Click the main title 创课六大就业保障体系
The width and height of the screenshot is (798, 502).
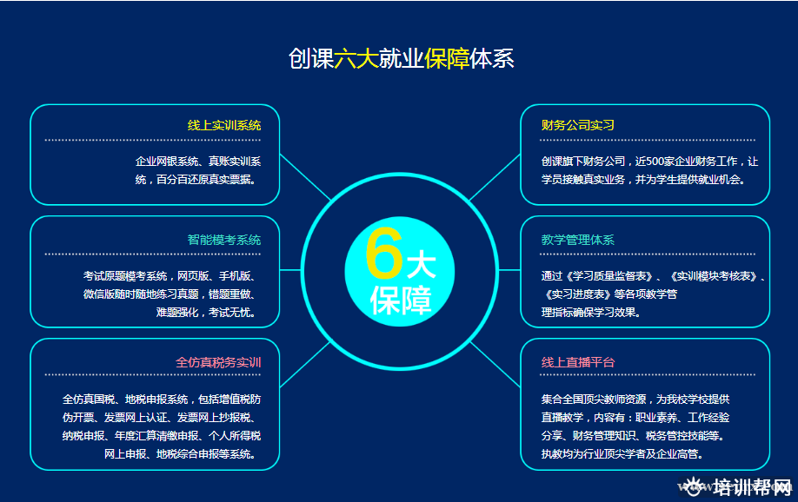(x=401, y=58)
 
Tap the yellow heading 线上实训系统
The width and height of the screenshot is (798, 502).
(x=224, y=125)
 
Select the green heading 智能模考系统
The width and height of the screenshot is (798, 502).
(x=224, y=240)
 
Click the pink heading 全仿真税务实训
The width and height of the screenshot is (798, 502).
(x=218, y=362)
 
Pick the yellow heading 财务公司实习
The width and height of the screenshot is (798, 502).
(x=577, y=125)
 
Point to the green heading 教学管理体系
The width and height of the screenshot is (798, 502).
(x=577, y=240)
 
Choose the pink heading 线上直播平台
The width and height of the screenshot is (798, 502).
(x=577, y=362)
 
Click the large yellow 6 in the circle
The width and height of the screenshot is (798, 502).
(x=384, y=254)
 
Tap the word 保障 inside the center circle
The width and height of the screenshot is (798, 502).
(x=401, y=300)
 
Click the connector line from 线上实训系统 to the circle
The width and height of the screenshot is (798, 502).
(x=305, y=176)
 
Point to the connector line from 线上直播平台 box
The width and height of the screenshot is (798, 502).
(x=495, y=364)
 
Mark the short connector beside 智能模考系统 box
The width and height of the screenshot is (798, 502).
(x=290, y=270)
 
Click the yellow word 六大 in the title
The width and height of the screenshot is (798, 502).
(x=356, y=58)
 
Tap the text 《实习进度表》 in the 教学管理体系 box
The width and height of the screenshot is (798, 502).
(x=576, y=294)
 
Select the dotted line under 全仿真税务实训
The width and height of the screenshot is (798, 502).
(x=153, y=375)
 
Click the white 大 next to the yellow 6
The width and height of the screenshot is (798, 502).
(x=422, y=265)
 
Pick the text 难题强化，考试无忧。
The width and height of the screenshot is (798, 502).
(x=206, y=313)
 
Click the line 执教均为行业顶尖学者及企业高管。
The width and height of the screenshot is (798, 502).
(x=622, y=453)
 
